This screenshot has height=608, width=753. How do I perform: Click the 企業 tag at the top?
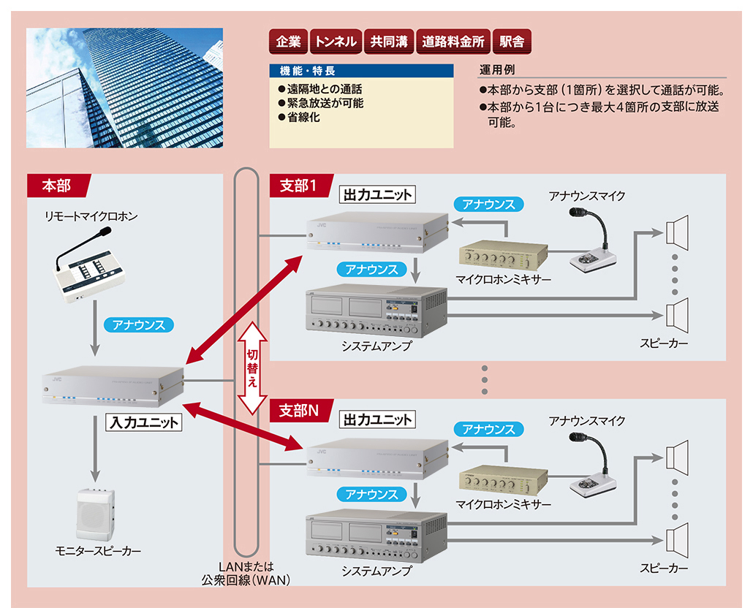(x=288, y=42)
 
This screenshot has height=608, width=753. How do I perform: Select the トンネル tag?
(x=336, y=42)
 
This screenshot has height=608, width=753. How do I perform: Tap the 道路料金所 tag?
(x=453, y=42)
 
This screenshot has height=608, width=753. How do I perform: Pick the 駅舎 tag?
(x=512, y=42)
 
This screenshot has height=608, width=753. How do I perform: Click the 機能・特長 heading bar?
(x=361, y=72)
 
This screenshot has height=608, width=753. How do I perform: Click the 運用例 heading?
(x=497, y=70)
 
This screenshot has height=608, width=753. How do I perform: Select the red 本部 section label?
(x=57, y=186)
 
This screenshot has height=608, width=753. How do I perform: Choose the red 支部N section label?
(x=300, y=411)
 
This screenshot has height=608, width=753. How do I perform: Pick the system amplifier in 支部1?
(x=376, y=311)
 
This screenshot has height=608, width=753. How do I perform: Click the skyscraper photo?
(x=124, y=88)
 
